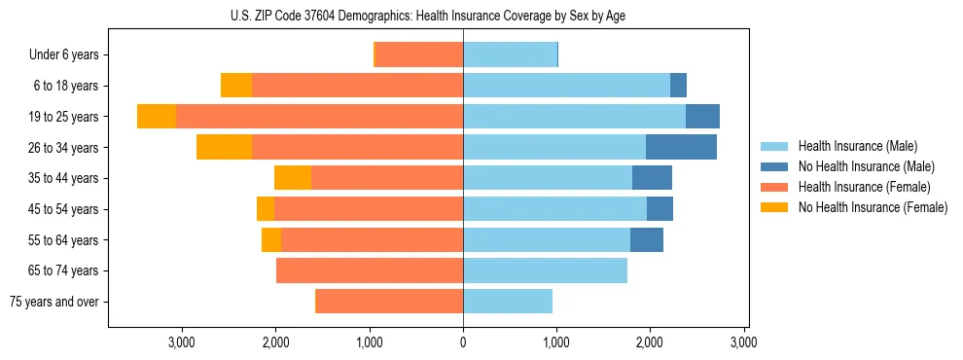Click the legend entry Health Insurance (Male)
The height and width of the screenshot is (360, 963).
point(856,146)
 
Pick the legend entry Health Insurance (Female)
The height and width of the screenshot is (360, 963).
point(864,187)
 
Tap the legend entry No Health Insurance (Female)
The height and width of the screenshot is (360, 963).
point(873,207)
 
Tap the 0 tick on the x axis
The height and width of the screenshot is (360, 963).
point(463,342)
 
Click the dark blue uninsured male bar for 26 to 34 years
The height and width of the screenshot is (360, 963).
point(681,147)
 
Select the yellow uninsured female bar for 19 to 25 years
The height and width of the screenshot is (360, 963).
point(156,117)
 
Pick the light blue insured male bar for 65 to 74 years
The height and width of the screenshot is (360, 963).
point(545,270)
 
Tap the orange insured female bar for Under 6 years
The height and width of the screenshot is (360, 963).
point(419,54)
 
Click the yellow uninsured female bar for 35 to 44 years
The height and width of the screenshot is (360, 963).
point(293,178)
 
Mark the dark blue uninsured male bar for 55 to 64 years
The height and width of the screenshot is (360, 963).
point(647,239)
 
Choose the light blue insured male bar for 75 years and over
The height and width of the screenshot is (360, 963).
point(508,302)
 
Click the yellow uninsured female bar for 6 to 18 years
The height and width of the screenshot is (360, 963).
point(236,86)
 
